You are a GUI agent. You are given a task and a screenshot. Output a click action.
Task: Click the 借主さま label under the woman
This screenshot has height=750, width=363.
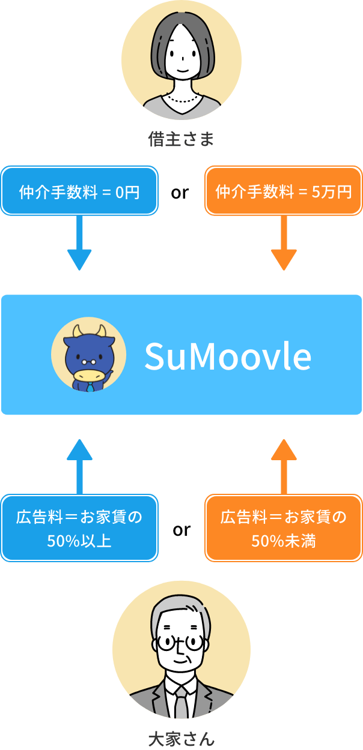coord(181,140)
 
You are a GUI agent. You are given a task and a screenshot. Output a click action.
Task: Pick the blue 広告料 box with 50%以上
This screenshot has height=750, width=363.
coord(79,528)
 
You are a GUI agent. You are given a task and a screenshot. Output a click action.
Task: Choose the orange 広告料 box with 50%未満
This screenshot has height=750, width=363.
coord(284,528)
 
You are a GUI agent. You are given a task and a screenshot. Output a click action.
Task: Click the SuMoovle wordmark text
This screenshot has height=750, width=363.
coord(228,356)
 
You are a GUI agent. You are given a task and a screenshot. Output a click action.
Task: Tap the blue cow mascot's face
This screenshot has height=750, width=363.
coord(88,358)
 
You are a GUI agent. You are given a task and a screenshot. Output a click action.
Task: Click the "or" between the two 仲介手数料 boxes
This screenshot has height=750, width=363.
coord(181,194)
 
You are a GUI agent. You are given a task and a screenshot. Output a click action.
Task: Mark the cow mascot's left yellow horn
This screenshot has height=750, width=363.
coord(77,331)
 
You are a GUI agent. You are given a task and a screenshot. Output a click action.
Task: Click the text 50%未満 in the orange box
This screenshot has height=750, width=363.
coord(284,541)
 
